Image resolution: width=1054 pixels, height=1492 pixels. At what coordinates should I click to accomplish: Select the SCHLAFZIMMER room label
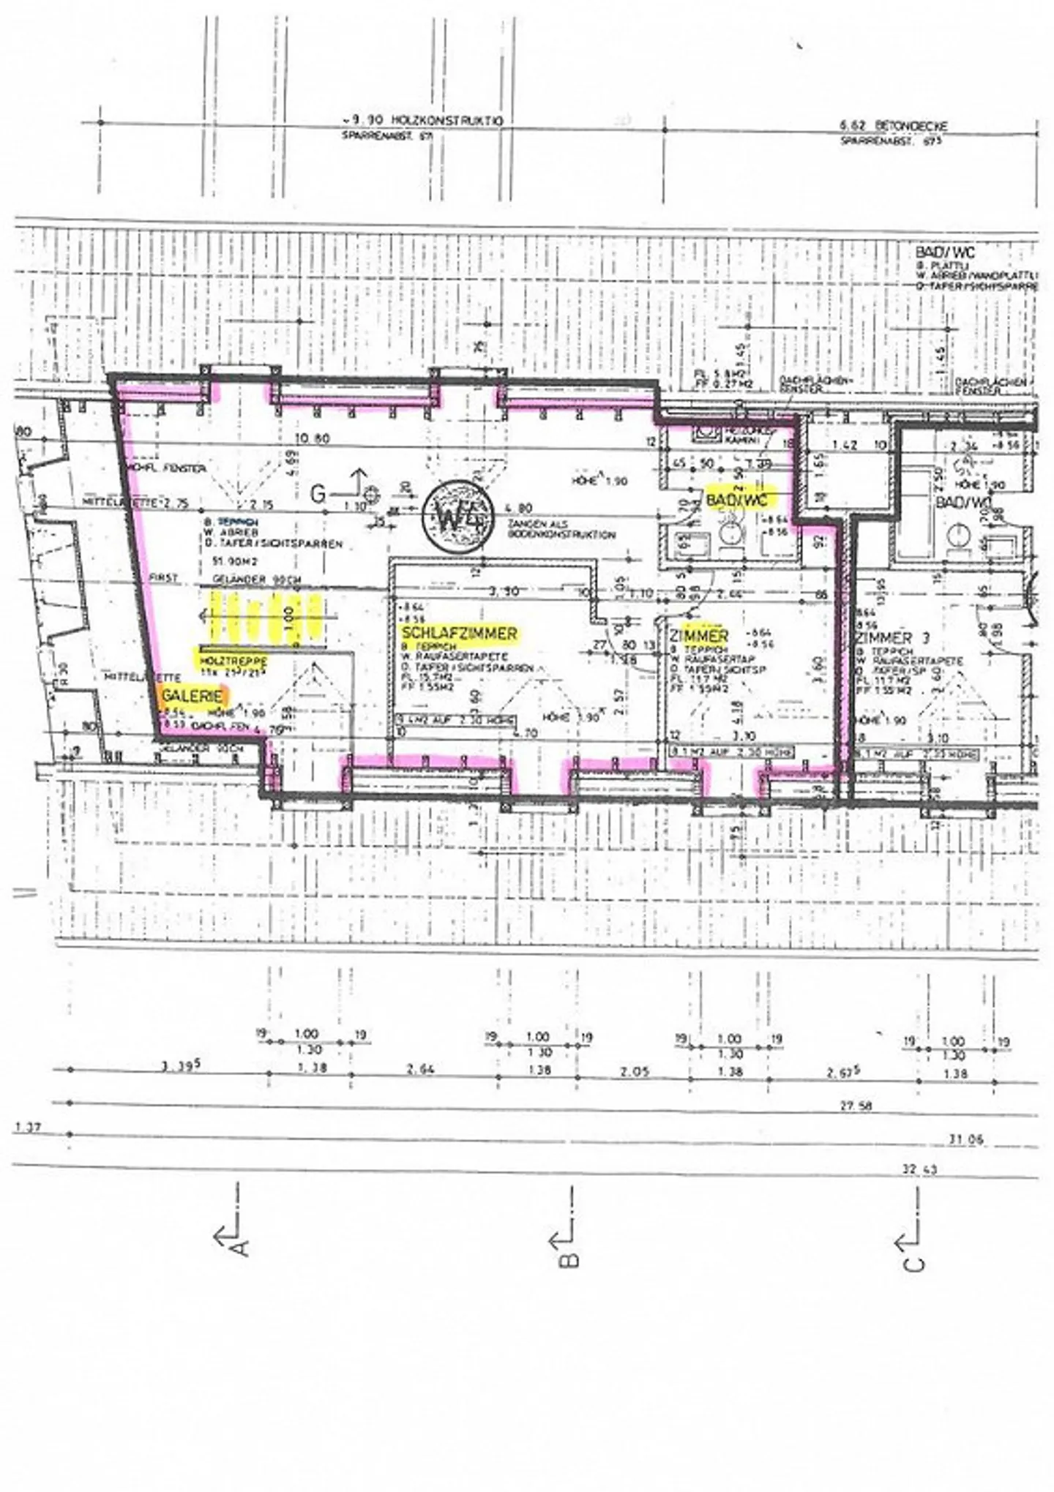pyautogui.click(x=460, y=634)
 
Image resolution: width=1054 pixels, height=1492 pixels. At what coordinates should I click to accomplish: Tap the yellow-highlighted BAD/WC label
pyautogui.click(x=739, y=501)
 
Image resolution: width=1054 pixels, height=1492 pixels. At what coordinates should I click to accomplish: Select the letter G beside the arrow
pyautogui.click(x=318, y=494)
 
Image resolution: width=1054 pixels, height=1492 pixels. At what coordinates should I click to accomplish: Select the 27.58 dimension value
pyautogui.click(x=856, y=1106)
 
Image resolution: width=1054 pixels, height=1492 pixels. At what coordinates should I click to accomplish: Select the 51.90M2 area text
pyautogui.click(x=228, y=561)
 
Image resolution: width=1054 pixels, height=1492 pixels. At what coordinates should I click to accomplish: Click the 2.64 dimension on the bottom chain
pyautogui.click(x=420, y=1069)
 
